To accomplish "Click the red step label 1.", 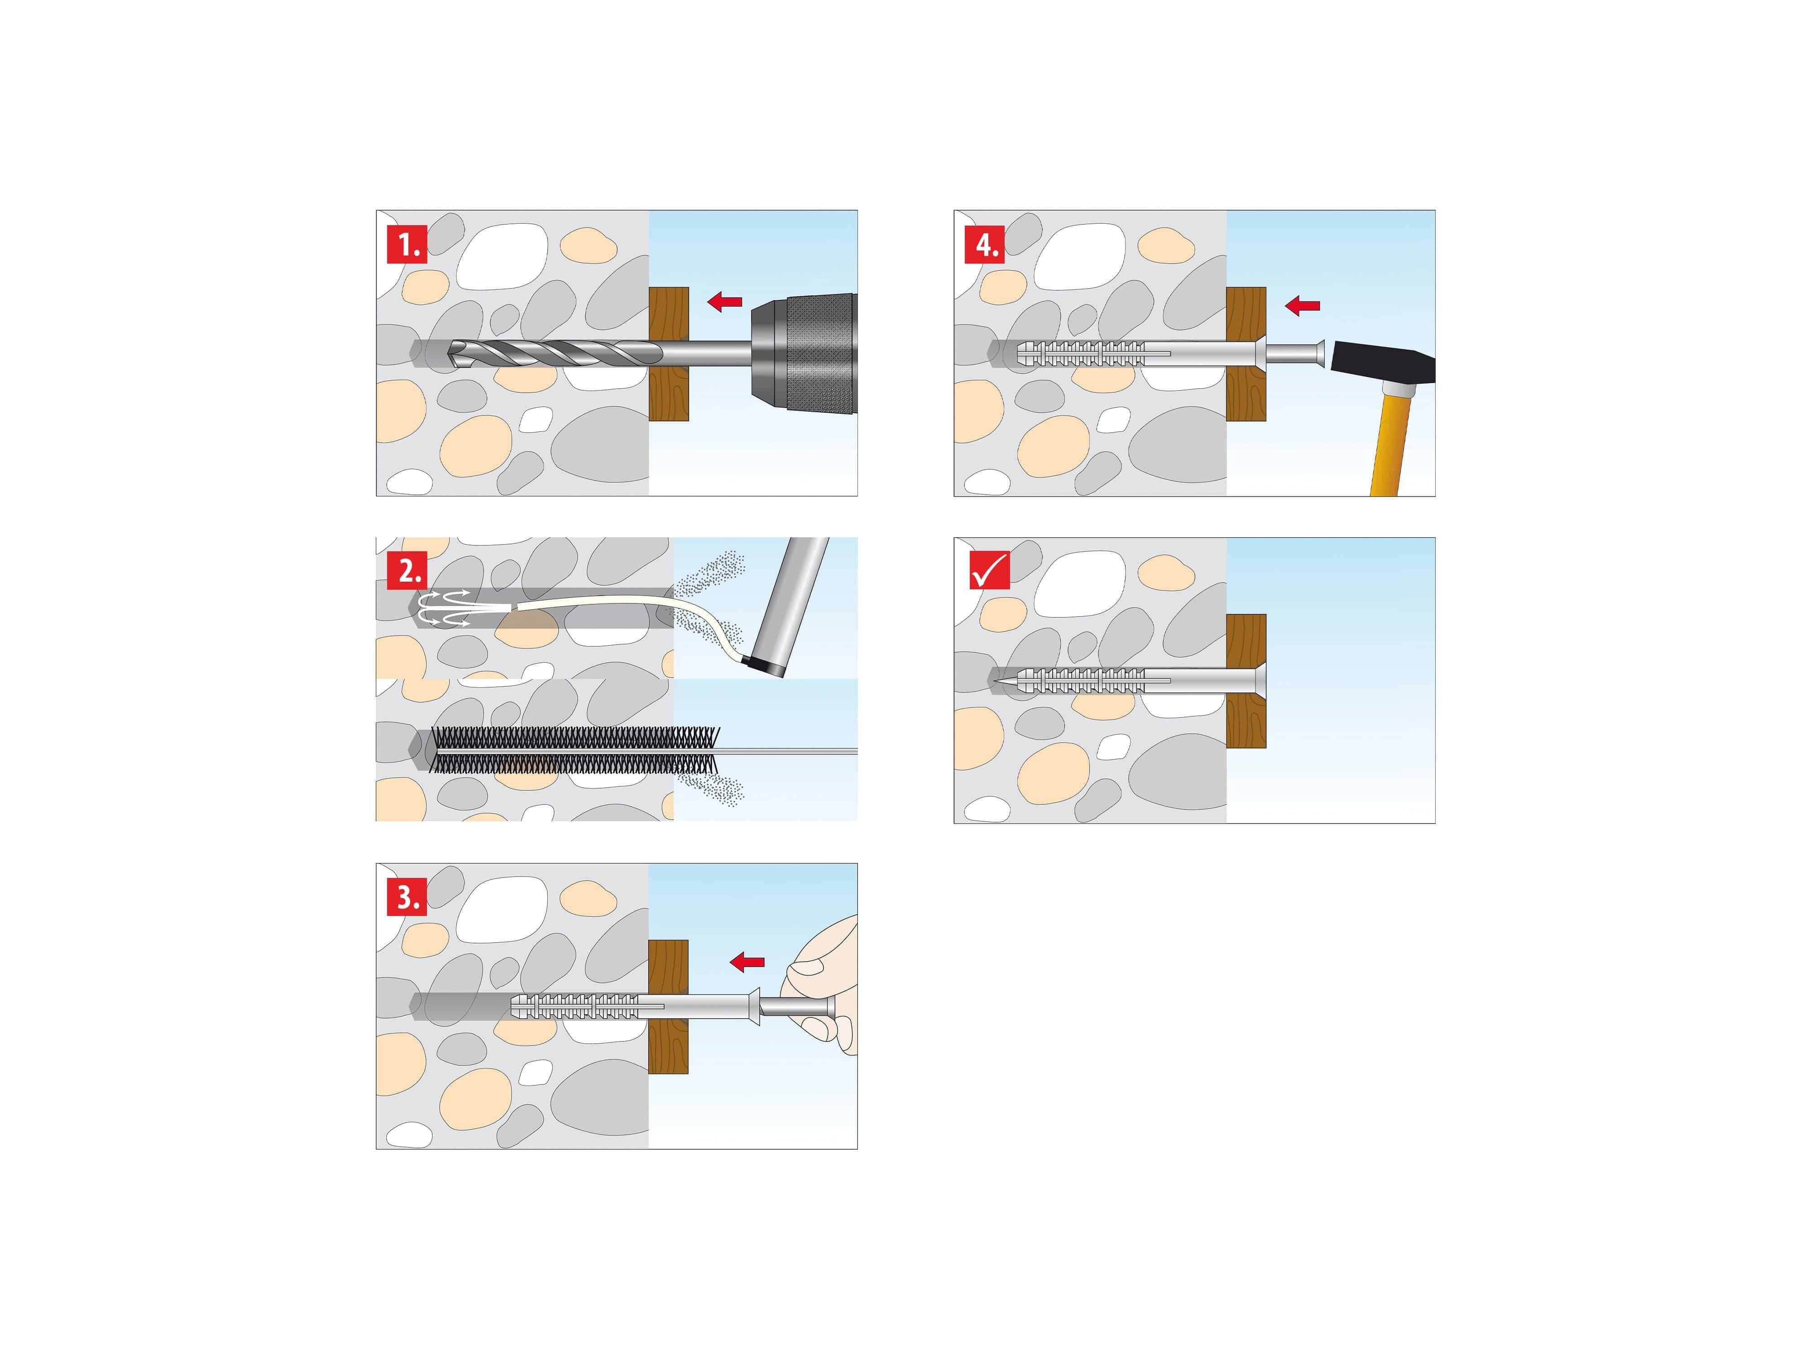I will coord(407,244).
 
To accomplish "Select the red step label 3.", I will coord(407,897).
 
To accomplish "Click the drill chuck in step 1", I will coord(806,354).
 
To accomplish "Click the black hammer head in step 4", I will coord(1384,365).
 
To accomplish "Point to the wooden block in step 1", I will coord(668,393).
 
